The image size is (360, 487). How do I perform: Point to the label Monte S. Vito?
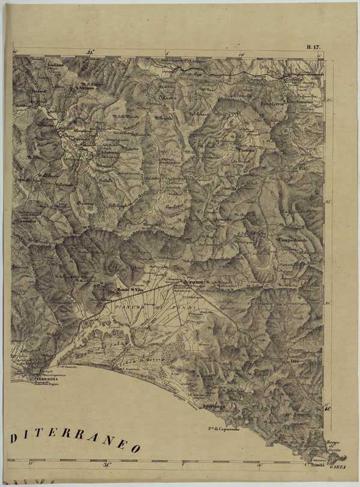click(131, 291)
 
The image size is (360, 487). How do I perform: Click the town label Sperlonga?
click(214, 407)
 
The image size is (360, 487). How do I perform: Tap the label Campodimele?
click(293, 240)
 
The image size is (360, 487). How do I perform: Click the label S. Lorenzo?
click(110, 153)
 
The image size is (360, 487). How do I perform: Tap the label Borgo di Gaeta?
click(334, 446)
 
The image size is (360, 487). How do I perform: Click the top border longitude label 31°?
click(90, 52)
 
